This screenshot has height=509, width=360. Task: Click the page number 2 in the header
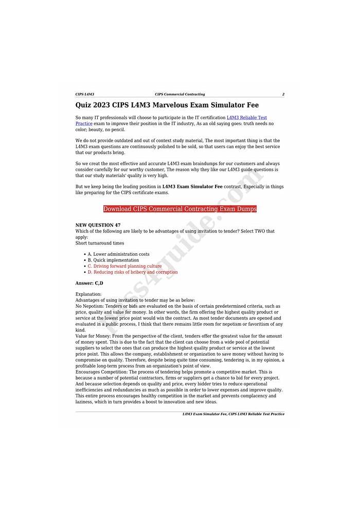click(x=283, y=94)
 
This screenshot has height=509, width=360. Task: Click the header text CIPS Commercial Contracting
click(x=179, y=94)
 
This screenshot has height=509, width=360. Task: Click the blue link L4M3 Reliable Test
click(x=246, y=118)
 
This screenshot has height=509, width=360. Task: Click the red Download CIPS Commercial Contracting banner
click(x=179, y=209)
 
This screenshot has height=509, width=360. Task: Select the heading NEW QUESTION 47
click(x=98, y=225)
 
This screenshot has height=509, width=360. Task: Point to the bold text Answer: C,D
click(x=89, y=283)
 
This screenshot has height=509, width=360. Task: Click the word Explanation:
click(x=88, y=294)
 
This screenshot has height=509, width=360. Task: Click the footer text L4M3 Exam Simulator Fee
click(x=204, y=414)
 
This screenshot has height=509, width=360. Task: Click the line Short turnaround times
click(x=99, y=243)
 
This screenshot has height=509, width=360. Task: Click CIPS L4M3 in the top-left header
click(x=85, y=94)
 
